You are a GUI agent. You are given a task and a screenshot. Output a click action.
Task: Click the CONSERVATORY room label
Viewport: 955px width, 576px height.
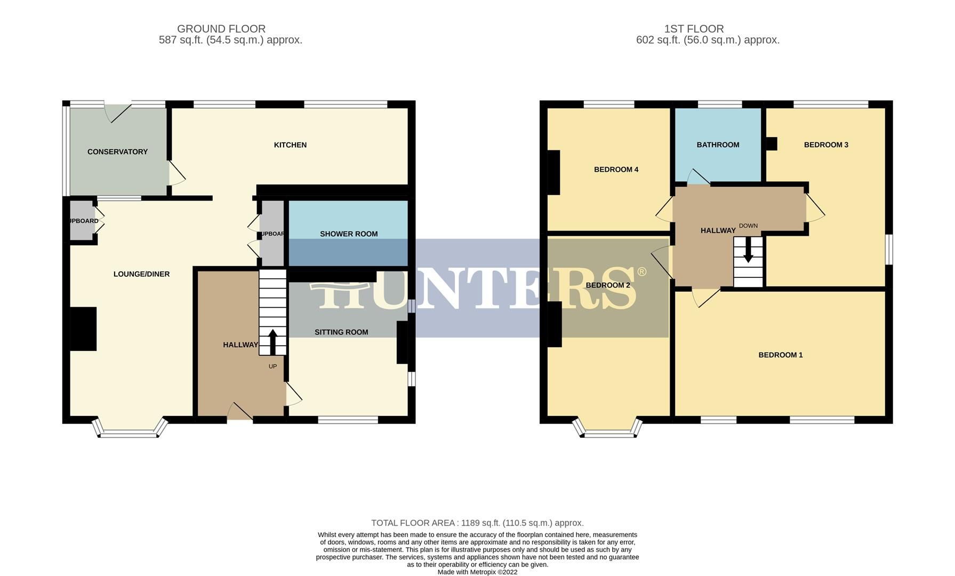117,152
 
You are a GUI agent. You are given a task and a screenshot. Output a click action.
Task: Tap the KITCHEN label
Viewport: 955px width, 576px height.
290,145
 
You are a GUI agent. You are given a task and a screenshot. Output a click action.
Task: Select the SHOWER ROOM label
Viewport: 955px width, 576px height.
349,234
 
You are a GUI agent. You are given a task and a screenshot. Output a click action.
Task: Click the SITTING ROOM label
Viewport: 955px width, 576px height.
341,332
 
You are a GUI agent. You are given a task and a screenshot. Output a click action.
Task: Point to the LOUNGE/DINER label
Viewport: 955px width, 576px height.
141,274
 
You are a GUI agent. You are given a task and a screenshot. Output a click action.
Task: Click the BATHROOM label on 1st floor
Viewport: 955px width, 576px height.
718,145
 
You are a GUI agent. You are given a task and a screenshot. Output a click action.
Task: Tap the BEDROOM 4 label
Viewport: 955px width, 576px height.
616,170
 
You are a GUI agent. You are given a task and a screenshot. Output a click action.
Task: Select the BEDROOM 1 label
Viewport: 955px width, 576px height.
780,355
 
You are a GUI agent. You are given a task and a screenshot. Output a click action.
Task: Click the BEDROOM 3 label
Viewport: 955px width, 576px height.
826,145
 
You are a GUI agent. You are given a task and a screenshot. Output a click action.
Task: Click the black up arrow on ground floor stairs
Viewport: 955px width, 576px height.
272,342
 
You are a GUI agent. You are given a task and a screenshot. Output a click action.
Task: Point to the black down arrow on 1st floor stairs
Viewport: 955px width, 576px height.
748,250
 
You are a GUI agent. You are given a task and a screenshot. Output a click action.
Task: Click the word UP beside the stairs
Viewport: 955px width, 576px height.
272,366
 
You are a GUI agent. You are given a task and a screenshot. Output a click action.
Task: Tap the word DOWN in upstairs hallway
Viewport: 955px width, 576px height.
748,226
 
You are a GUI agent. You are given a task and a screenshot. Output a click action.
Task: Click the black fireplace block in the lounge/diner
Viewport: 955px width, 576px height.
83,329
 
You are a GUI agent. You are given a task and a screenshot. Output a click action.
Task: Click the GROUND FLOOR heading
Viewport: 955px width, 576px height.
221,29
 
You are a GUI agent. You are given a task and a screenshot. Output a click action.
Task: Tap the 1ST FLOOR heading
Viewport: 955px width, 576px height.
694,29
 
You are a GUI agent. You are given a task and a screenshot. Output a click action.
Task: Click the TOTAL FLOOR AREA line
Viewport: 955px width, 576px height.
477,523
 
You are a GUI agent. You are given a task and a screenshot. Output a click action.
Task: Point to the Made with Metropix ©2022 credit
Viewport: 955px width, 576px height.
477,572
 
